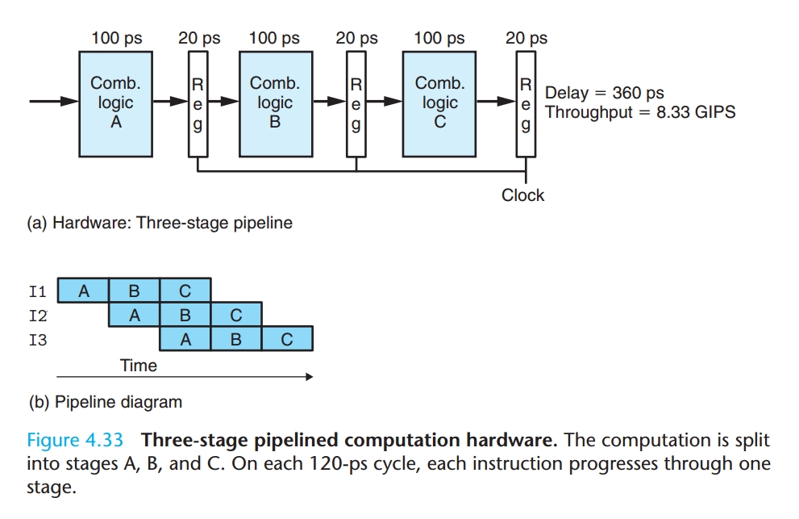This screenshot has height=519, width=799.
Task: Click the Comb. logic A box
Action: (115, 103)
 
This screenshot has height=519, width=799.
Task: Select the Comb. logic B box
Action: (275, 103)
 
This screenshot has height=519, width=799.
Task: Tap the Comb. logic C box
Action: (439, 103)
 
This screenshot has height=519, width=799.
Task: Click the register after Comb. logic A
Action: (198, 104)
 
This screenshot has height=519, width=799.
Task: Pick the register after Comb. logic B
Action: (356, 104)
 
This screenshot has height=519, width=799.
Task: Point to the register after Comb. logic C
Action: (526, 104)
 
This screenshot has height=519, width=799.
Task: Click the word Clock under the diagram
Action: (522, 195)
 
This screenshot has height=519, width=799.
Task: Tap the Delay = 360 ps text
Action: (605, 93)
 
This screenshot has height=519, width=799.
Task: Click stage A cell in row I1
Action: (84, 291)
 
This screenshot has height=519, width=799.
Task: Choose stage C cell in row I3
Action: (286, 340)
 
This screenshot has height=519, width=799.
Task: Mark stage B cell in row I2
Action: (185, 316)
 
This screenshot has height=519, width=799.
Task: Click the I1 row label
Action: (38, 291)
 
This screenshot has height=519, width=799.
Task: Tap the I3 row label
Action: (38, 341)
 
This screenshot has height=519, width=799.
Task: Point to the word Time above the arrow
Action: (139, 365)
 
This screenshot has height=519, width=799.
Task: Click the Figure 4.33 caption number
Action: (75, 441)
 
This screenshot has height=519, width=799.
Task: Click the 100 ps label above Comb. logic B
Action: (274, 38)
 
